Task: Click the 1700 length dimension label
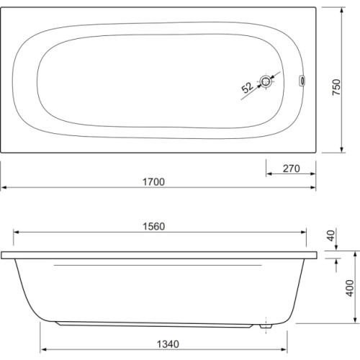point(153,182)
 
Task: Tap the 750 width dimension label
point(336,87)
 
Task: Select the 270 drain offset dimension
point(291,168)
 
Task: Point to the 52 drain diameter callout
point(247,87)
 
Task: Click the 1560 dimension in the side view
point(154,227)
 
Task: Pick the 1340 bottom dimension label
point(168,344)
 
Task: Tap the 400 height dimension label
point(350,288)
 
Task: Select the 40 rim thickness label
point(331,235)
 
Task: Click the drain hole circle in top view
point(266,81)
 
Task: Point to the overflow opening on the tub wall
point(302,81)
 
